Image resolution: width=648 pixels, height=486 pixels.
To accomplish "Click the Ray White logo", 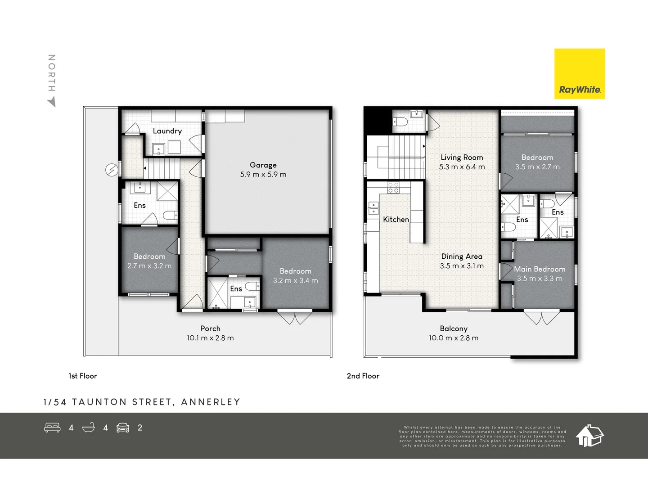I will pyautogui.click(x=580, y=74).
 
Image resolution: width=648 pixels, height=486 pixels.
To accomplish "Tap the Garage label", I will pyautogui.click(x=263, y=165).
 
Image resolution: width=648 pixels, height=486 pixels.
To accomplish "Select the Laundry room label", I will pyautogui.click(x=167, y=131).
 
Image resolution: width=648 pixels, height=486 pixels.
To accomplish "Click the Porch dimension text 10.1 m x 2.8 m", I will pyautogui.click(x=210, y=338).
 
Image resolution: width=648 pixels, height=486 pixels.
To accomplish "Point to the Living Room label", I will pyautogui.click(x=462, y=157).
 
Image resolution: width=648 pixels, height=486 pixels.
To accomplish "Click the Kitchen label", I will pyautogui.click(x=396, y=220).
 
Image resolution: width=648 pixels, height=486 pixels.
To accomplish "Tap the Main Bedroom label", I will pyautogui.click(x=540, y=269).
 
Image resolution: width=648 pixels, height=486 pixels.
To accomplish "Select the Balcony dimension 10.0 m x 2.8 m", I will pyautogui.click(x=454, y=338).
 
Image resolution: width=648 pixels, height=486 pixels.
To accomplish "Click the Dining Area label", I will pyautogui.click(x=462, y=256).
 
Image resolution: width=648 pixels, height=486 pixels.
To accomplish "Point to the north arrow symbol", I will pyautogui.click(x=52, y=102).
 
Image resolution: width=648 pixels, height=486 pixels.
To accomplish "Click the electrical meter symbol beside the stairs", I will pyautogui.click(x=111, y=170).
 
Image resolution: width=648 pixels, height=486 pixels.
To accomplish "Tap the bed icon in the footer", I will pyautogui.click(x=52, y=427).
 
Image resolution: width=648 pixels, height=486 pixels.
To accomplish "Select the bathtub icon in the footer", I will pyautogui.click(x=89, y=427).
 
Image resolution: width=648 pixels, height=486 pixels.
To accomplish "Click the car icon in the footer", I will pyautogui.click(x=123, y=427).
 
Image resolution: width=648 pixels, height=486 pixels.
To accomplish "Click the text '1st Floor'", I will pyautogui.click(x=83, y=376).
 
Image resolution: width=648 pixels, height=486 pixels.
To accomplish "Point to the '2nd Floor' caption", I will pyautogui.click(x=363, y=376).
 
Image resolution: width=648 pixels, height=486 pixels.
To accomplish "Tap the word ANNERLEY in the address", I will pyautogui.click(x=211, y=402).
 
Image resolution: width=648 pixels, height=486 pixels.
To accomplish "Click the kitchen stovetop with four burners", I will pyautogui.click(x=393, y=188).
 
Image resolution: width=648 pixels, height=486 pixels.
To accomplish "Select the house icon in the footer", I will pyautogui.click(x=589, y=435).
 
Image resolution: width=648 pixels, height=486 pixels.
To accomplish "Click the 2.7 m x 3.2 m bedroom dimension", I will pyautogui.click(x=149, y=266).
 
